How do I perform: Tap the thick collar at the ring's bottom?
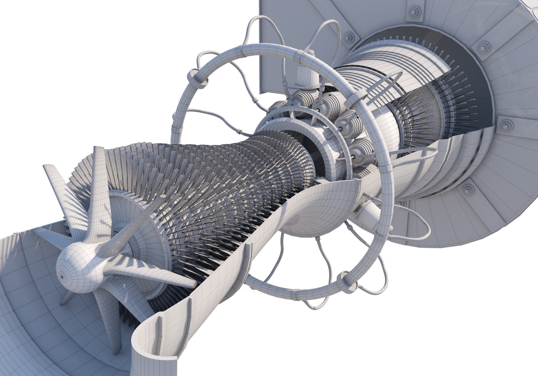coord(345,279)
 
